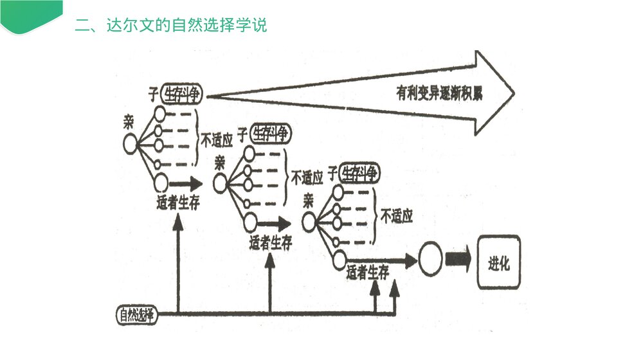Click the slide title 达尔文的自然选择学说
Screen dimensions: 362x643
[x=170, y=26]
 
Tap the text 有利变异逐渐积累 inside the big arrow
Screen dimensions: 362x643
[x=439, y=93]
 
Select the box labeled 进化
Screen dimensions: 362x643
[x=498, y=262]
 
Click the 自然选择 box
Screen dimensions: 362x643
[x=136, y=315]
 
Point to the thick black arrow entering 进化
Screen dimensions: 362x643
[x=458, y=261]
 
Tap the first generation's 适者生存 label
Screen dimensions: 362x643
[x=177, y=203]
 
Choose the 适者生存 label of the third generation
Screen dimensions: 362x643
[x=368, y=273]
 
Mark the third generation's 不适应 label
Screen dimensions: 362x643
[x=396, y=215]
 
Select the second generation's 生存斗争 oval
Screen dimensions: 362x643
[x=270, y=134]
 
